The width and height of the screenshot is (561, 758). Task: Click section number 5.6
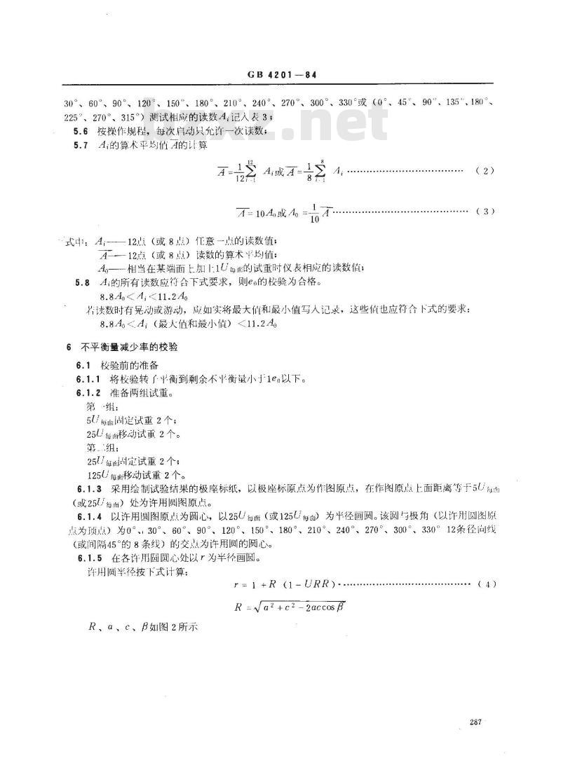[x=83, y=130]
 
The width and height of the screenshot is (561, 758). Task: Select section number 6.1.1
[x=88, y=378]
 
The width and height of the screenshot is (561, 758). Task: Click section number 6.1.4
[x=88, y=515]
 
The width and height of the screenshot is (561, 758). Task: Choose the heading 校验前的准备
[x=129, y=365]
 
